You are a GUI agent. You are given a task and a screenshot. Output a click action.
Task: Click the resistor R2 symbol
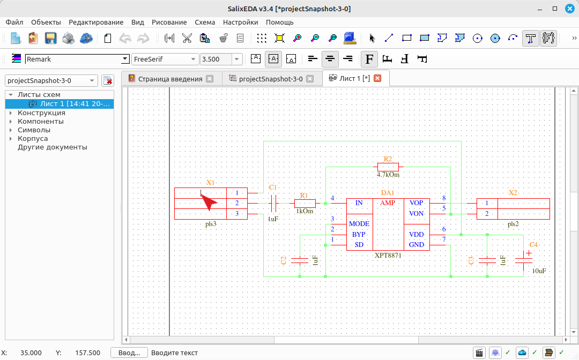tap(388, 167)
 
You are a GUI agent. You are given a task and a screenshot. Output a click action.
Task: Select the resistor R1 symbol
tap(305, 203)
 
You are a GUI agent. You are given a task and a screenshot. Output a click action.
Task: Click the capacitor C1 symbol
tap(273, 203)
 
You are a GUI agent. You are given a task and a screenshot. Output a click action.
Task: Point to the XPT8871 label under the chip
tap(388, 255)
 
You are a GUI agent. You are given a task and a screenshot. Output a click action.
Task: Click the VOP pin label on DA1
tap(416, 203)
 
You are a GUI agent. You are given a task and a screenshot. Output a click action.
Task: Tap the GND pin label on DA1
tap(416, 244)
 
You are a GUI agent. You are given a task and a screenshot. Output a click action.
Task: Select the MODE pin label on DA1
tap(359, 224)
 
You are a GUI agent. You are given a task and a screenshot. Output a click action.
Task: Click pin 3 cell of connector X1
tap(237, 214)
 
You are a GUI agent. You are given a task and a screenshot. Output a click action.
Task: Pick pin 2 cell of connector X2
tap(487, 214)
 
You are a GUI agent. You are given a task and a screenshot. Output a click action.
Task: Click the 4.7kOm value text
tap(388, 175)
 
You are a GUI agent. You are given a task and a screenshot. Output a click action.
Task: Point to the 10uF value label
tap(539, 271)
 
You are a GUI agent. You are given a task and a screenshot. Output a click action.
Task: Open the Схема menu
tap(205, 22)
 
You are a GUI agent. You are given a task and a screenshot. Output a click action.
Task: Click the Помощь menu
tap(279, 22)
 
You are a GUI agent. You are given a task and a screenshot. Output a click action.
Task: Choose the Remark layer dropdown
tap(77, 59)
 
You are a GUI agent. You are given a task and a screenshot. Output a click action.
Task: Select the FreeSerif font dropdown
tap(165, 59)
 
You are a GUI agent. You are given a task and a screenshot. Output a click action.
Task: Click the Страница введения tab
tap(170, 79)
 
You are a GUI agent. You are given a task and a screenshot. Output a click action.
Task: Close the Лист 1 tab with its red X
tap(377, 78)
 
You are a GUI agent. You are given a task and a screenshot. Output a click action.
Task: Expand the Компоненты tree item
tap(11, 122)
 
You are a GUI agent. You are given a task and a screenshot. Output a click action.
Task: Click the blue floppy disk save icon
tap(50, 38)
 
